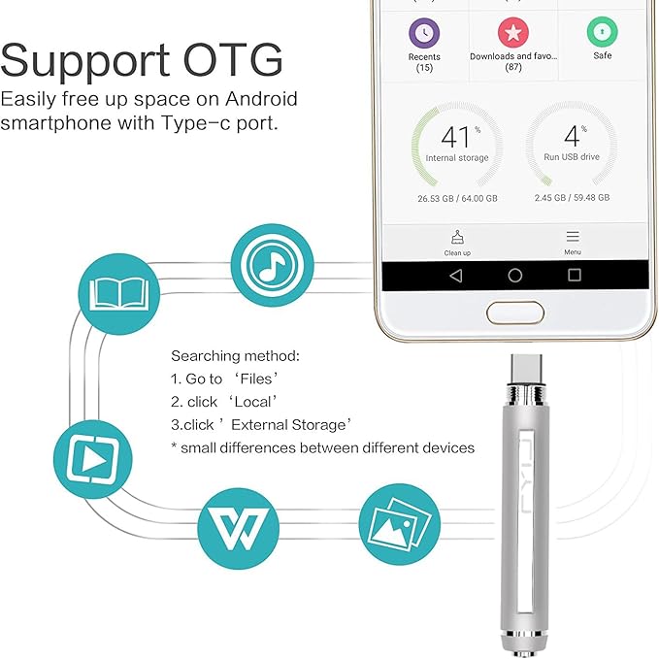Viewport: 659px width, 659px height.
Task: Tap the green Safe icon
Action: click(603, 34)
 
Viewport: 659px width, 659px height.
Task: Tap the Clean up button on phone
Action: click(457, 243)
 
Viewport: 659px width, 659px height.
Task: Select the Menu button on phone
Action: click(573, 243)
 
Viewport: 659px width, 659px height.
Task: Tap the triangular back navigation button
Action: click(455, 276)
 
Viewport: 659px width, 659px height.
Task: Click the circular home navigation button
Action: click(515, 276)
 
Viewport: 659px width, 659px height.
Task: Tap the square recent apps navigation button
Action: click(575, 276)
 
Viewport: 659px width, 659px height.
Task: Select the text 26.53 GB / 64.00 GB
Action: click(458, 198)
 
